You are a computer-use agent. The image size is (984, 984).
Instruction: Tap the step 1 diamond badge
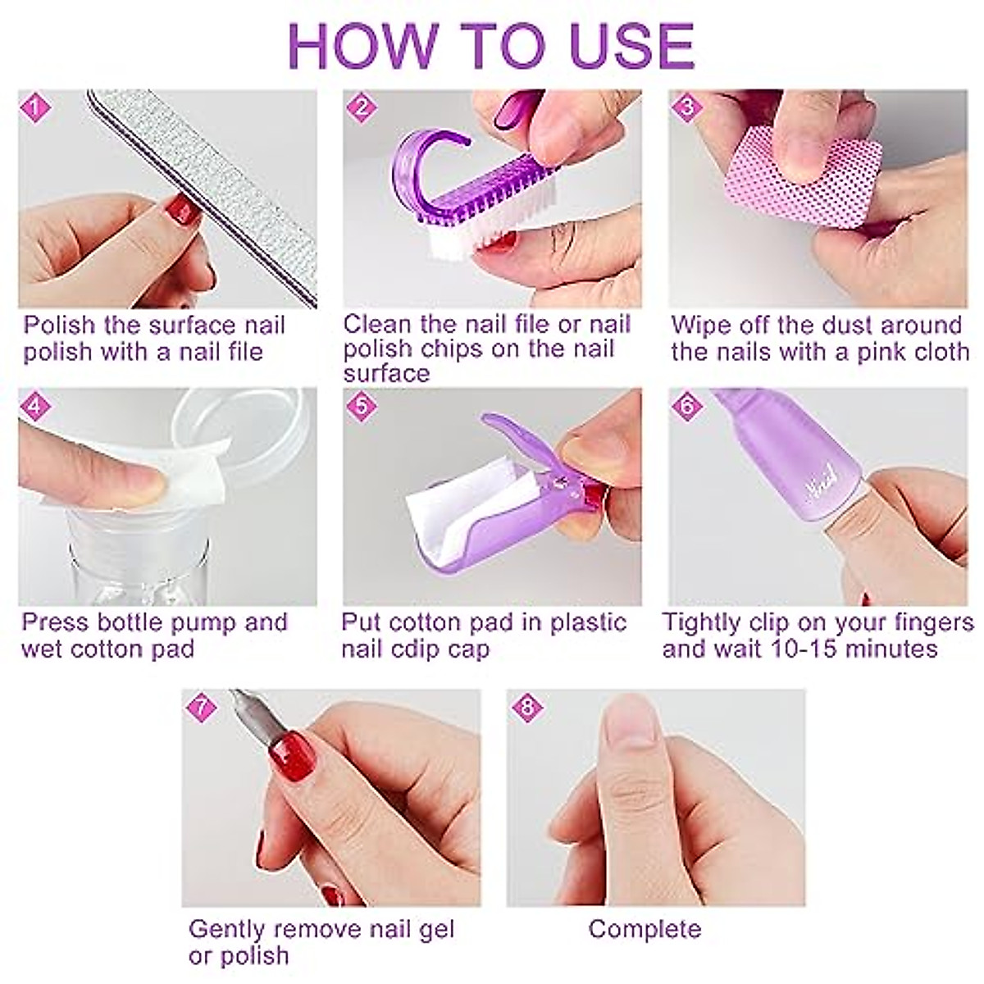[35, 108]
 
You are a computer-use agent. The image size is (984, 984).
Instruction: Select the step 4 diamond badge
[35, 407]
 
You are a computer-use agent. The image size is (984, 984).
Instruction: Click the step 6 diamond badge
[687, 407]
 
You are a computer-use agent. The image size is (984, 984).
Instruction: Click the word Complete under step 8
[645, 929]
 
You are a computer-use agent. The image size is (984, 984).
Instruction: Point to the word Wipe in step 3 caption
[699, 326]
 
